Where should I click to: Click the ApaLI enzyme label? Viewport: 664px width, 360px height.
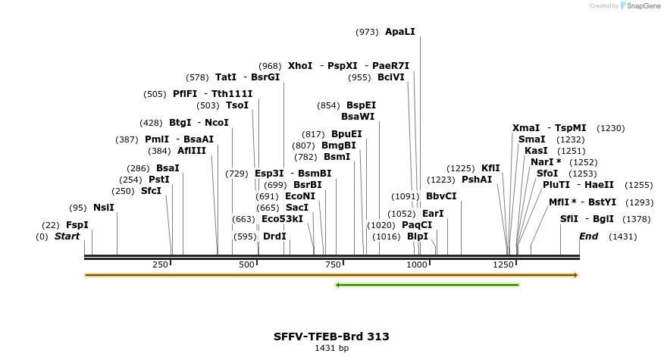(400, 32)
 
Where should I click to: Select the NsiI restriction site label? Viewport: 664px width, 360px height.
(104, 208)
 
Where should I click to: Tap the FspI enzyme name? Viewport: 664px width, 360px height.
(77, 225)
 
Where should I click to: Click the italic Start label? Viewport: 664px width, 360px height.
(67, 236)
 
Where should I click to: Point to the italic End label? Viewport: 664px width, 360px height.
(588, 236)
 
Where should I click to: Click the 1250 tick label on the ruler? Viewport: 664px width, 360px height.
(503, 265)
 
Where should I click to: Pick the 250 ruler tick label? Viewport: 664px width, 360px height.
(160, 265)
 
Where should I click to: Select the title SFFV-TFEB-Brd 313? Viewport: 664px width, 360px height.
(331, 336)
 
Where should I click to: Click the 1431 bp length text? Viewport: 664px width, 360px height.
(331, 349)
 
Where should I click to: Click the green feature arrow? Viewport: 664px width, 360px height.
(428, 285)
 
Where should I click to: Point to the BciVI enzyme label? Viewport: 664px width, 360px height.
(391, 77)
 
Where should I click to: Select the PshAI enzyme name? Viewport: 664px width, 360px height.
(477, 180)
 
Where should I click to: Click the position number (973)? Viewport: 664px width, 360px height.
(367, 32)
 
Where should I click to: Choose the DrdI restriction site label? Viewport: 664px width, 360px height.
(274, 236)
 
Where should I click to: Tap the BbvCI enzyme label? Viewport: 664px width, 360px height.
(441, 196)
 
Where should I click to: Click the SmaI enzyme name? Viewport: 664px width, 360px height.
(531, 139)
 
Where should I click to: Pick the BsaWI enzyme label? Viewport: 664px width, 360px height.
(358, 117)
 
